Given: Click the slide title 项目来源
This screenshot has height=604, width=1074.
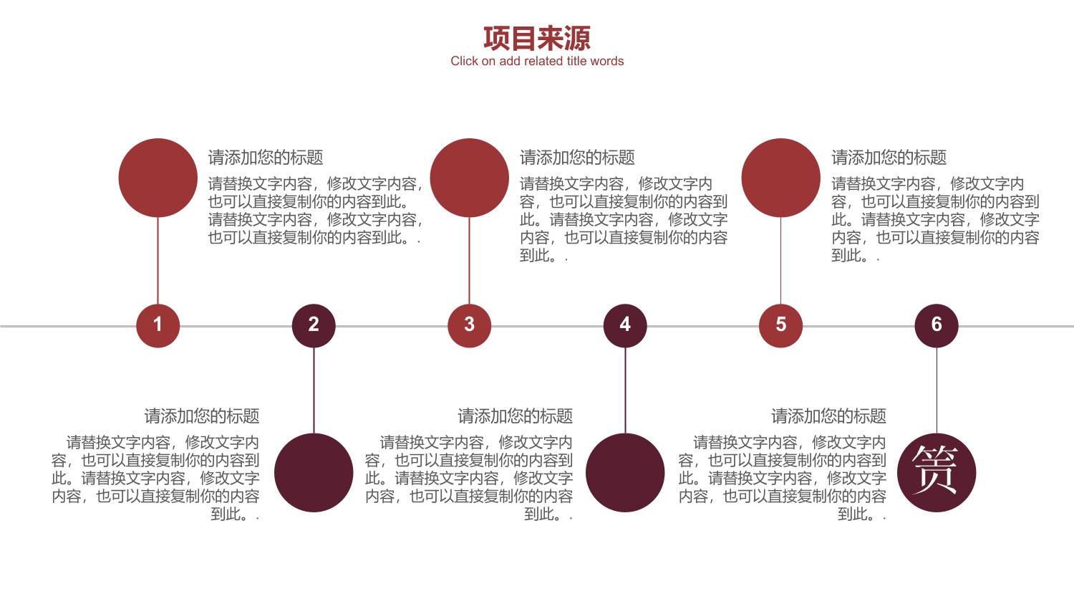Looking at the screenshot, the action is point(536,39).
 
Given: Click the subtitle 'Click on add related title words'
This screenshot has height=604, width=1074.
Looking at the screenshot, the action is point(537,62).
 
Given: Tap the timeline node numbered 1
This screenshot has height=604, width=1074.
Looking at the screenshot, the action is point(158,326).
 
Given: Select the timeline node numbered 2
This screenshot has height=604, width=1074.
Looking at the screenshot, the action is point(314,326).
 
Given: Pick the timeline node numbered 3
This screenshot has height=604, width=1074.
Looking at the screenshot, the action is point(470,326).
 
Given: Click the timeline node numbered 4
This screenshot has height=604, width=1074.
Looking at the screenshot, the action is point(625,326).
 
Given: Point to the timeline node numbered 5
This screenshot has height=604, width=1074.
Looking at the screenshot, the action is point(780,326).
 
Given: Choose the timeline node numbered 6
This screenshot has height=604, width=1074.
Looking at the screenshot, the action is point(937,326).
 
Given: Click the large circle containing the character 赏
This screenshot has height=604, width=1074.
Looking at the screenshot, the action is point(937,473).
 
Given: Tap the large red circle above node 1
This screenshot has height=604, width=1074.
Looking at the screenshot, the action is point(158,178).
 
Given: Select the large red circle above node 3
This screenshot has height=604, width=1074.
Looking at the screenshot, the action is point(470,178).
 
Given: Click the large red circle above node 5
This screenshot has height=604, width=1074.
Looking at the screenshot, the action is point(780,178).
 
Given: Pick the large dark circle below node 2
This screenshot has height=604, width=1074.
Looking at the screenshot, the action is point(314,473).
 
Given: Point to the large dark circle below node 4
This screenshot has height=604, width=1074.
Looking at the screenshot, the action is point(625,473).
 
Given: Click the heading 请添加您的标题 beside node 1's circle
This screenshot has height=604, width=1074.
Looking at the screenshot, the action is point(266,158).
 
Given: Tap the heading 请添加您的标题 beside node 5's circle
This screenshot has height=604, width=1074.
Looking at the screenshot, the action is point(889,158).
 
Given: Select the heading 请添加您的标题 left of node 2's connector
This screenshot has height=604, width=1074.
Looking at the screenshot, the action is point(202,416).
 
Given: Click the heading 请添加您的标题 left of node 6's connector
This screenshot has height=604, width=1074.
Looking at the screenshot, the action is point(828,416).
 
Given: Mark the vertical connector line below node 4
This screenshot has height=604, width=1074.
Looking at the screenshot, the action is point(625,390).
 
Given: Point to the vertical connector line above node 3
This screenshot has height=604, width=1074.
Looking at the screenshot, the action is point(470,261).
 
